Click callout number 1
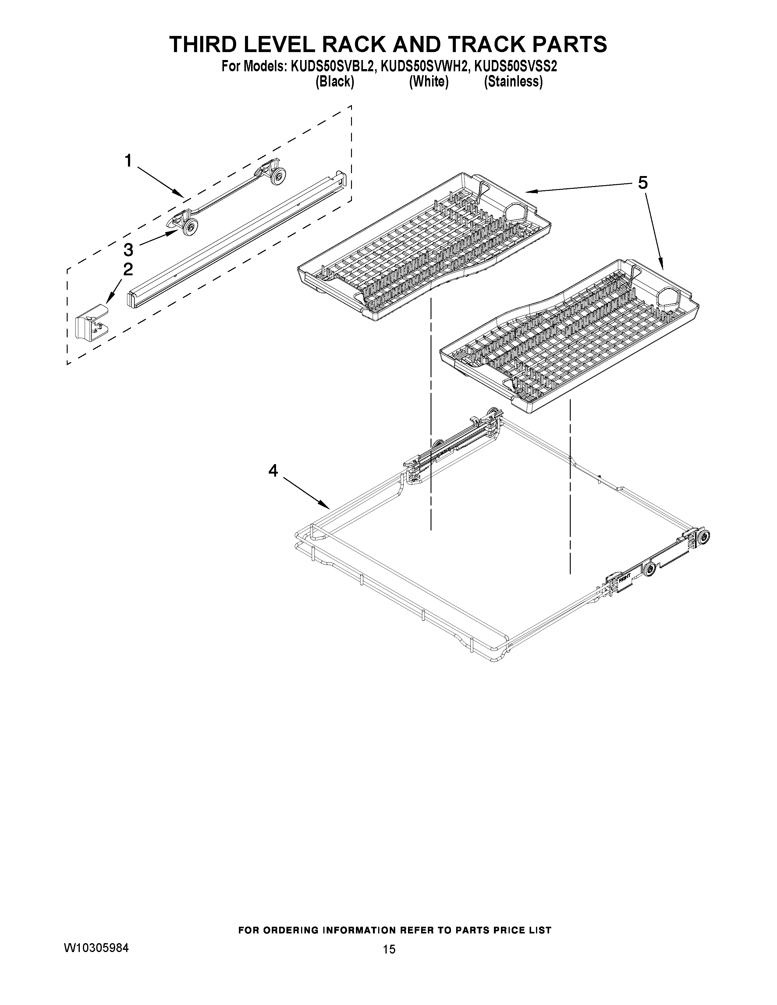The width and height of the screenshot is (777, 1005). [128, 161]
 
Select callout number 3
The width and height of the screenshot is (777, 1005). [128, 250]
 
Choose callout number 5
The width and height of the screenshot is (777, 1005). [643, 183]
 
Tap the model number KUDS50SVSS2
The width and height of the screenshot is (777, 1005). [516, 67]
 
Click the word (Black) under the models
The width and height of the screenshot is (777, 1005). [335, 82]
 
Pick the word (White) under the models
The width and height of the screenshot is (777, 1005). [428, 82]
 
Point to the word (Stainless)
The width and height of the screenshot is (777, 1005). [513, 82]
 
